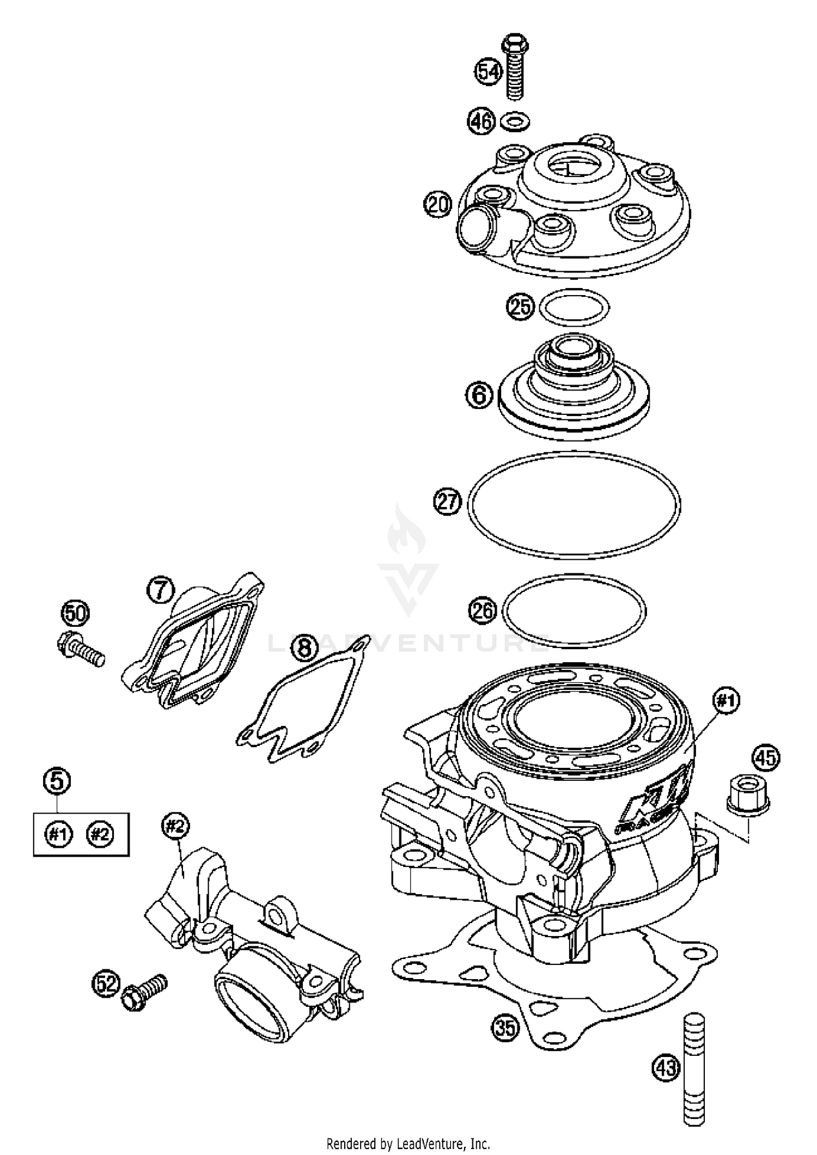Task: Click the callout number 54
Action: pos(488,72)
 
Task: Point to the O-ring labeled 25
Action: pos(574,307)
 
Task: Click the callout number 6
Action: pos(479,394)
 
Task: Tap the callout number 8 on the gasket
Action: pos(305,648)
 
